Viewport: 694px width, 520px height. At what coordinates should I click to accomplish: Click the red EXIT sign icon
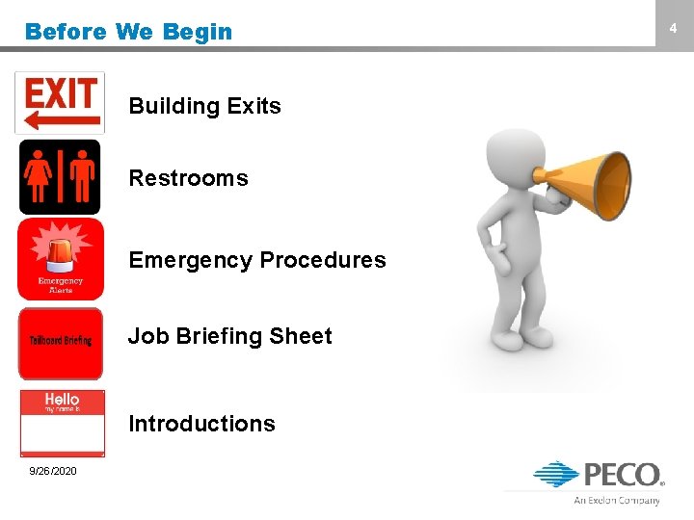click(x=60, y=102)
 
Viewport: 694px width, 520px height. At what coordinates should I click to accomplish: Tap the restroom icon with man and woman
click(x=60, y=177)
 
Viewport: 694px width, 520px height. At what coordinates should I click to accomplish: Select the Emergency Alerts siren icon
click(x=60, y=259)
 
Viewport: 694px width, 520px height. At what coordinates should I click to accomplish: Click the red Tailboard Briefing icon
click(x=60, y=342)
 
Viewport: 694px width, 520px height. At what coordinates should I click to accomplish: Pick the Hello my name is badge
click(x=62, y=422)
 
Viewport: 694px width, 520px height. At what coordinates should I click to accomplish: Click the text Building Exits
click(x=204, y=106)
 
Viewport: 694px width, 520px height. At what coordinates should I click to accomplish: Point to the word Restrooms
click(x=188, y=178)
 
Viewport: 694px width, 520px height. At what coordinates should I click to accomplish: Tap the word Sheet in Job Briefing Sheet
click(x=300, y=336)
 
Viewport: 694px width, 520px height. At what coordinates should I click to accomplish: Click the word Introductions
click(x=201, y=424)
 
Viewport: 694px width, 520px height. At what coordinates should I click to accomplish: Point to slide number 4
click(x=674, y=30)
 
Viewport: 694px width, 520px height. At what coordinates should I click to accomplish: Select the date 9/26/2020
click(x=54, y=471)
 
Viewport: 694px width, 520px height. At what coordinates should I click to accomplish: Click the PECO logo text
click(x=621, y=475)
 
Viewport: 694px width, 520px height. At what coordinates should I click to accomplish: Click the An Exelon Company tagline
click(x=617, y=501)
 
